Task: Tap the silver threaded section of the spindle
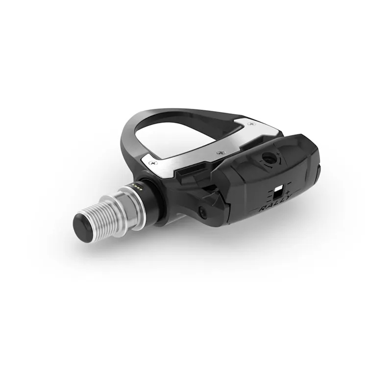click(108, 216)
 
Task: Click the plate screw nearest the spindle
click(154, 161)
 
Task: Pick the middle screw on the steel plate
click(219, 153)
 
